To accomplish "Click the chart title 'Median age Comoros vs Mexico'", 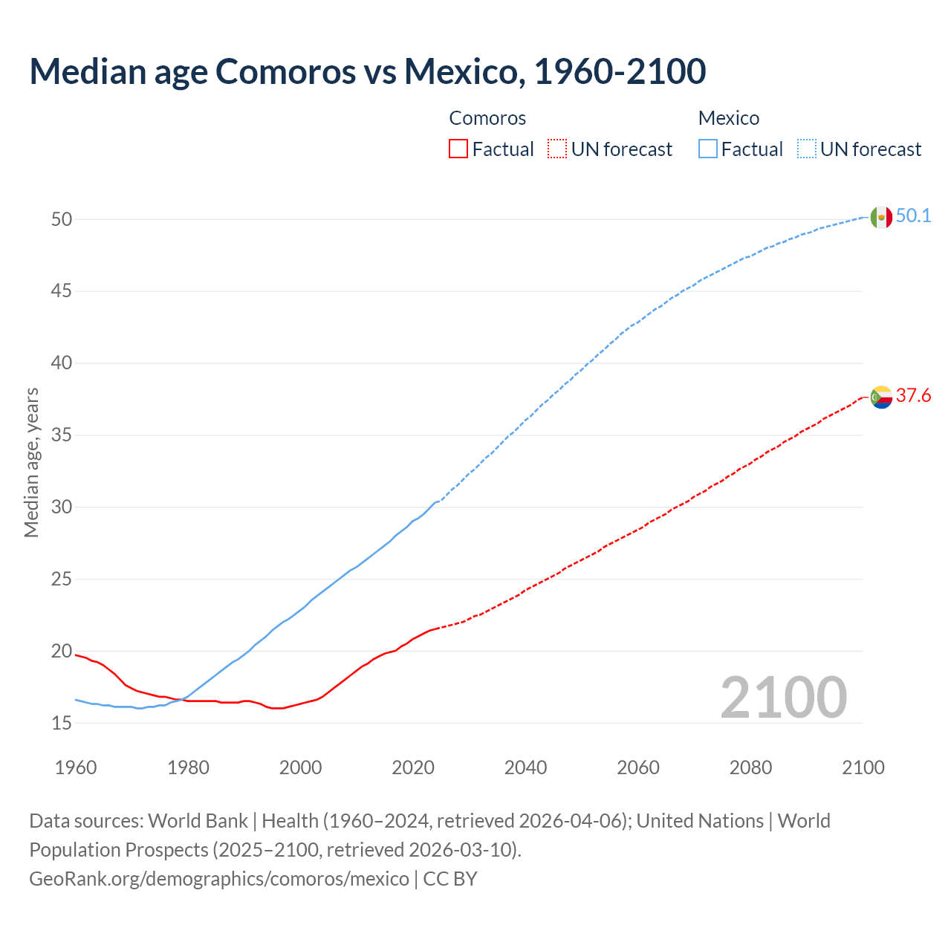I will click(x=367, y=71).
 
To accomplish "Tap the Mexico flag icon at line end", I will click(x=880, y=217).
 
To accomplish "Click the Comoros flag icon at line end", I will click(x=880, y=397).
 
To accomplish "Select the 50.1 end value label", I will click(x=913, y=216).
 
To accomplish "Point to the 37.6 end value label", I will click(x=913, y=396).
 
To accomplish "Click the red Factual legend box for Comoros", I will click(x=458, y=149).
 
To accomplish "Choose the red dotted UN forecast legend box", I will click(x=557, y=149).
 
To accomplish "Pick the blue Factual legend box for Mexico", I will click(x=707, y=149).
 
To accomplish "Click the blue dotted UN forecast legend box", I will click(x=806, y=149).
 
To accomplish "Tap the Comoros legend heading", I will click(x=487, y=118).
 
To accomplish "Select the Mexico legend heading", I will click(x=728, y=118).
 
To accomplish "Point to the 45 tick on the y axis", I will click(x=62, y=291).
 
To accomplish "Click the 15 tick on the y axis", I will click(x=62, y=723).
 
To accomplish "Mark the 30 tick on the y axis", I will click(x=62, y=507).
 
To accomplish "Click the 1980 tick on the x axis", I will click(x=188, y=767).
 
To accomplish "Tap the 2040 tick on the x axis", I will click(x=525, y=767).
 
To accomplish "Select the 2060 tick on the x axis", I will click(x=638, y=767).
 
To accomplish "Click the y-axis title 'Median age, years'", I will click(x=31, y=462).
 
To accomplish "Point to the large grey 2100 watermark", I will click(x=783, y=697).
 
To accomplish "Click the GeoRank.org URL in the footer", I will click(x=219, y=879).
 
